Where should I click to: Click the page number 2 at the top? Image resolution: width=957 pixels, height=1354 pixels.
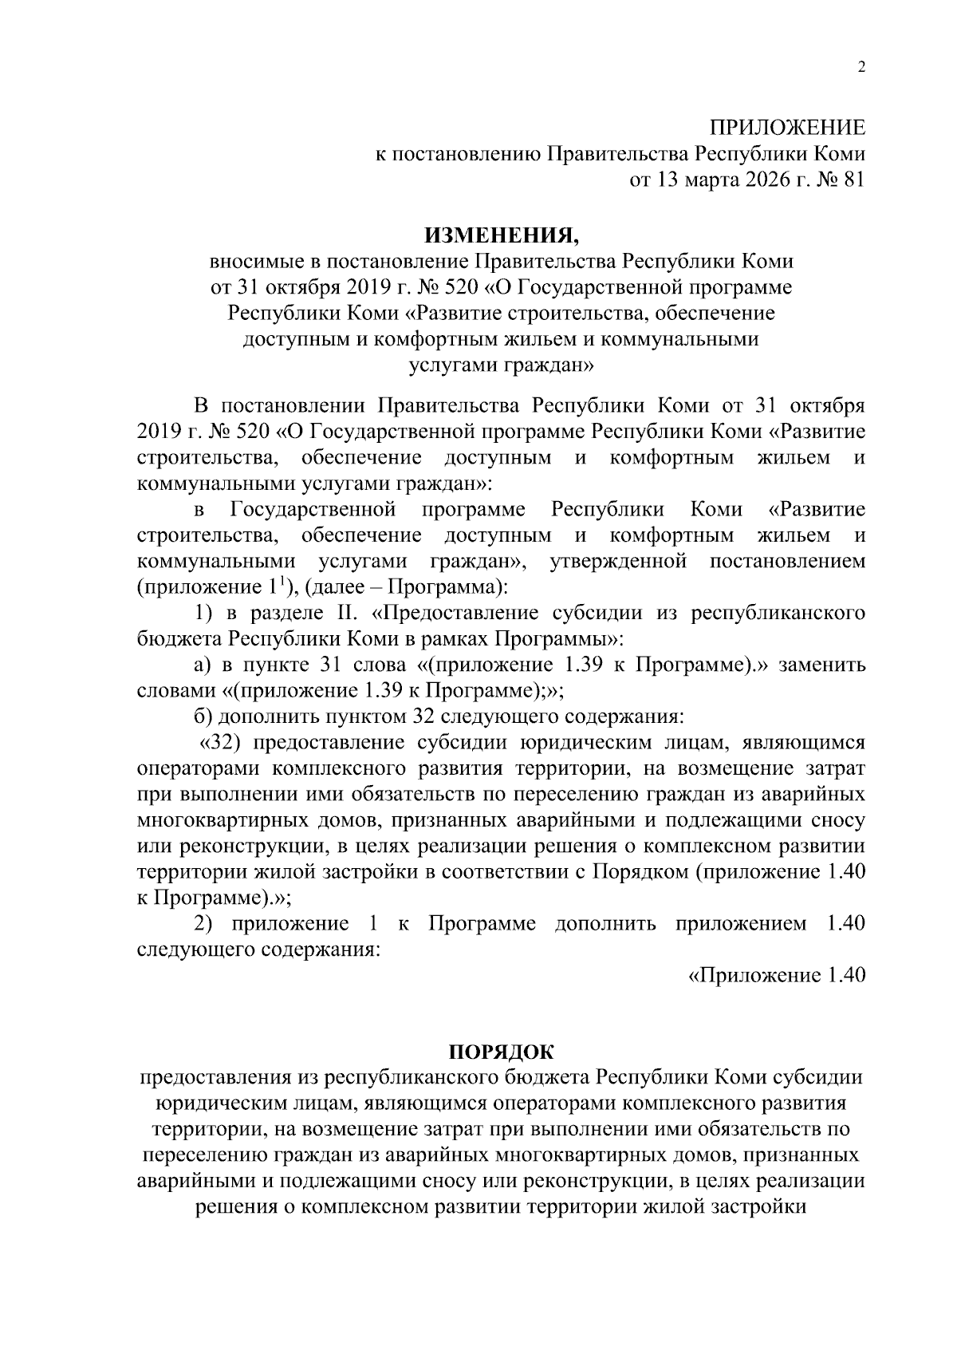pos(861,68)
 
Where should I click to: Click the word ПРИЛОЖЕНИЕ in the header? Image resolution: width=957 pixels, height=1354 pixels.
pos(787,128)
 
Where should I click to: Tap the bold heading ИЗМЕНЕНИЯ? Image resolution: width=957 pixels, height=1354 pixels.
pos(501,235)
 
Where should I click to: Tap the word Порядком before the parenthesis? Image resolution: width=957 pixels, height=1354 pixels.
pos(640,872)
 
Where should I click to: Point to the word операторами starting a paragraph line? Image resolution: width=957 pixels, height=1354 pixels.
pos(195,768)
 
